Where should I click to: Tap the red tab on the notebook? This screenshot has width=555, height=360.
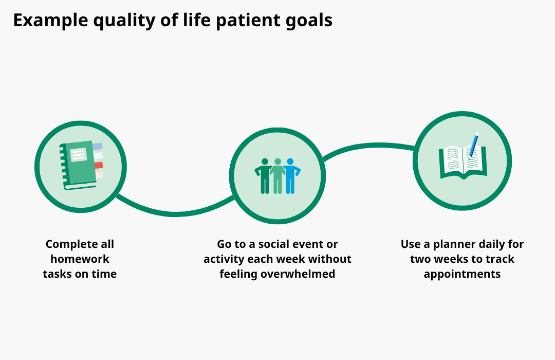click(99, 165)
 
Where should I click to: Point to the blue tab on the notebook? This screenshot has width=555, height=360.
click(98, 147)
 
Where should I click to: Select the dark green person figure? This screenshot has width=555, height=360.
click(265, 176)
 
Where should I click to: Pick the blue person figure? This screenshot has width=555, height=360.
click(291, 176)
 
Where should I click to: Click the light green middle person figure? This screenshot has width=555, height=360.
click(277, 176)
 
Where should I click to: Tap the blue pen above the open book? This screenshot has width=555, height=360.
click(473, 144)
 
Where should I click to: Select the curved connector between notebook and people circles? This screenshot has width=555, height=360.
click(175, 212)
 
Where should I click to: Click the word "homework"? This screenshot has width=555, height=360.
click(80, 259)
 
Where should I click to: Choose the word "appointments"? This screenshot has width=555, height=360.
click(462, 274)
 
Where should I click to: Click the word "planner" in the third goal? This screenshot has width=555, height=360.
click(448, 244)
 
